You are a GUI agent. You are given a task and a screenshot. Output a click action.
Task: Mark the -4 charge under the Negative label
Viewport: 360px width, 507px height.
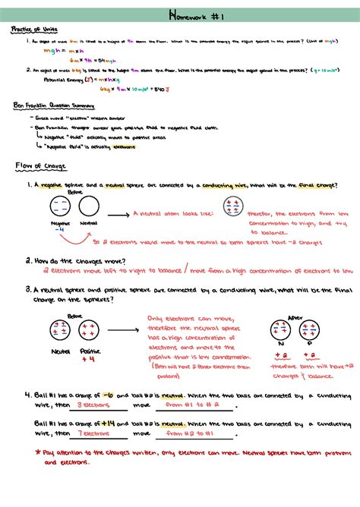point(60,231)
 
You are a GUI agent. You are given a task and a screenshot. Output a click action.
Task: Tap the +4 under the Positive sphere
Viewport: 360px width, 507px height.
point(92,360)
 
